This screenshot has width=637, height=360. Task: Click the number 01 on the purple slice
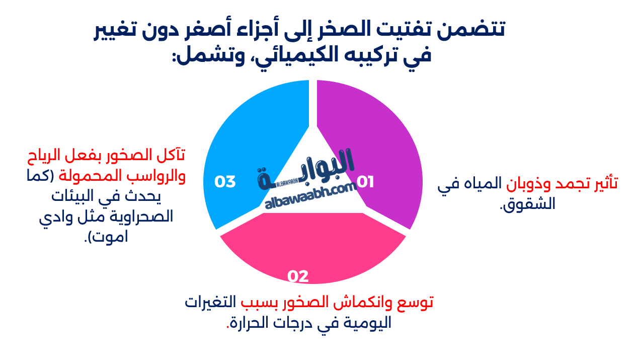[365, 182]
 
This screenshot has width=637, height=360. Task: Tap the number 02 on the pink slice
[298, 276]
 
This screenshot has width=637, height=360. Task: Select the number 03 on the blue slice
[225, 182]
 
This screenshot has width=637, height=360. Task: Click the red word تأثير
[603, 183]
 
